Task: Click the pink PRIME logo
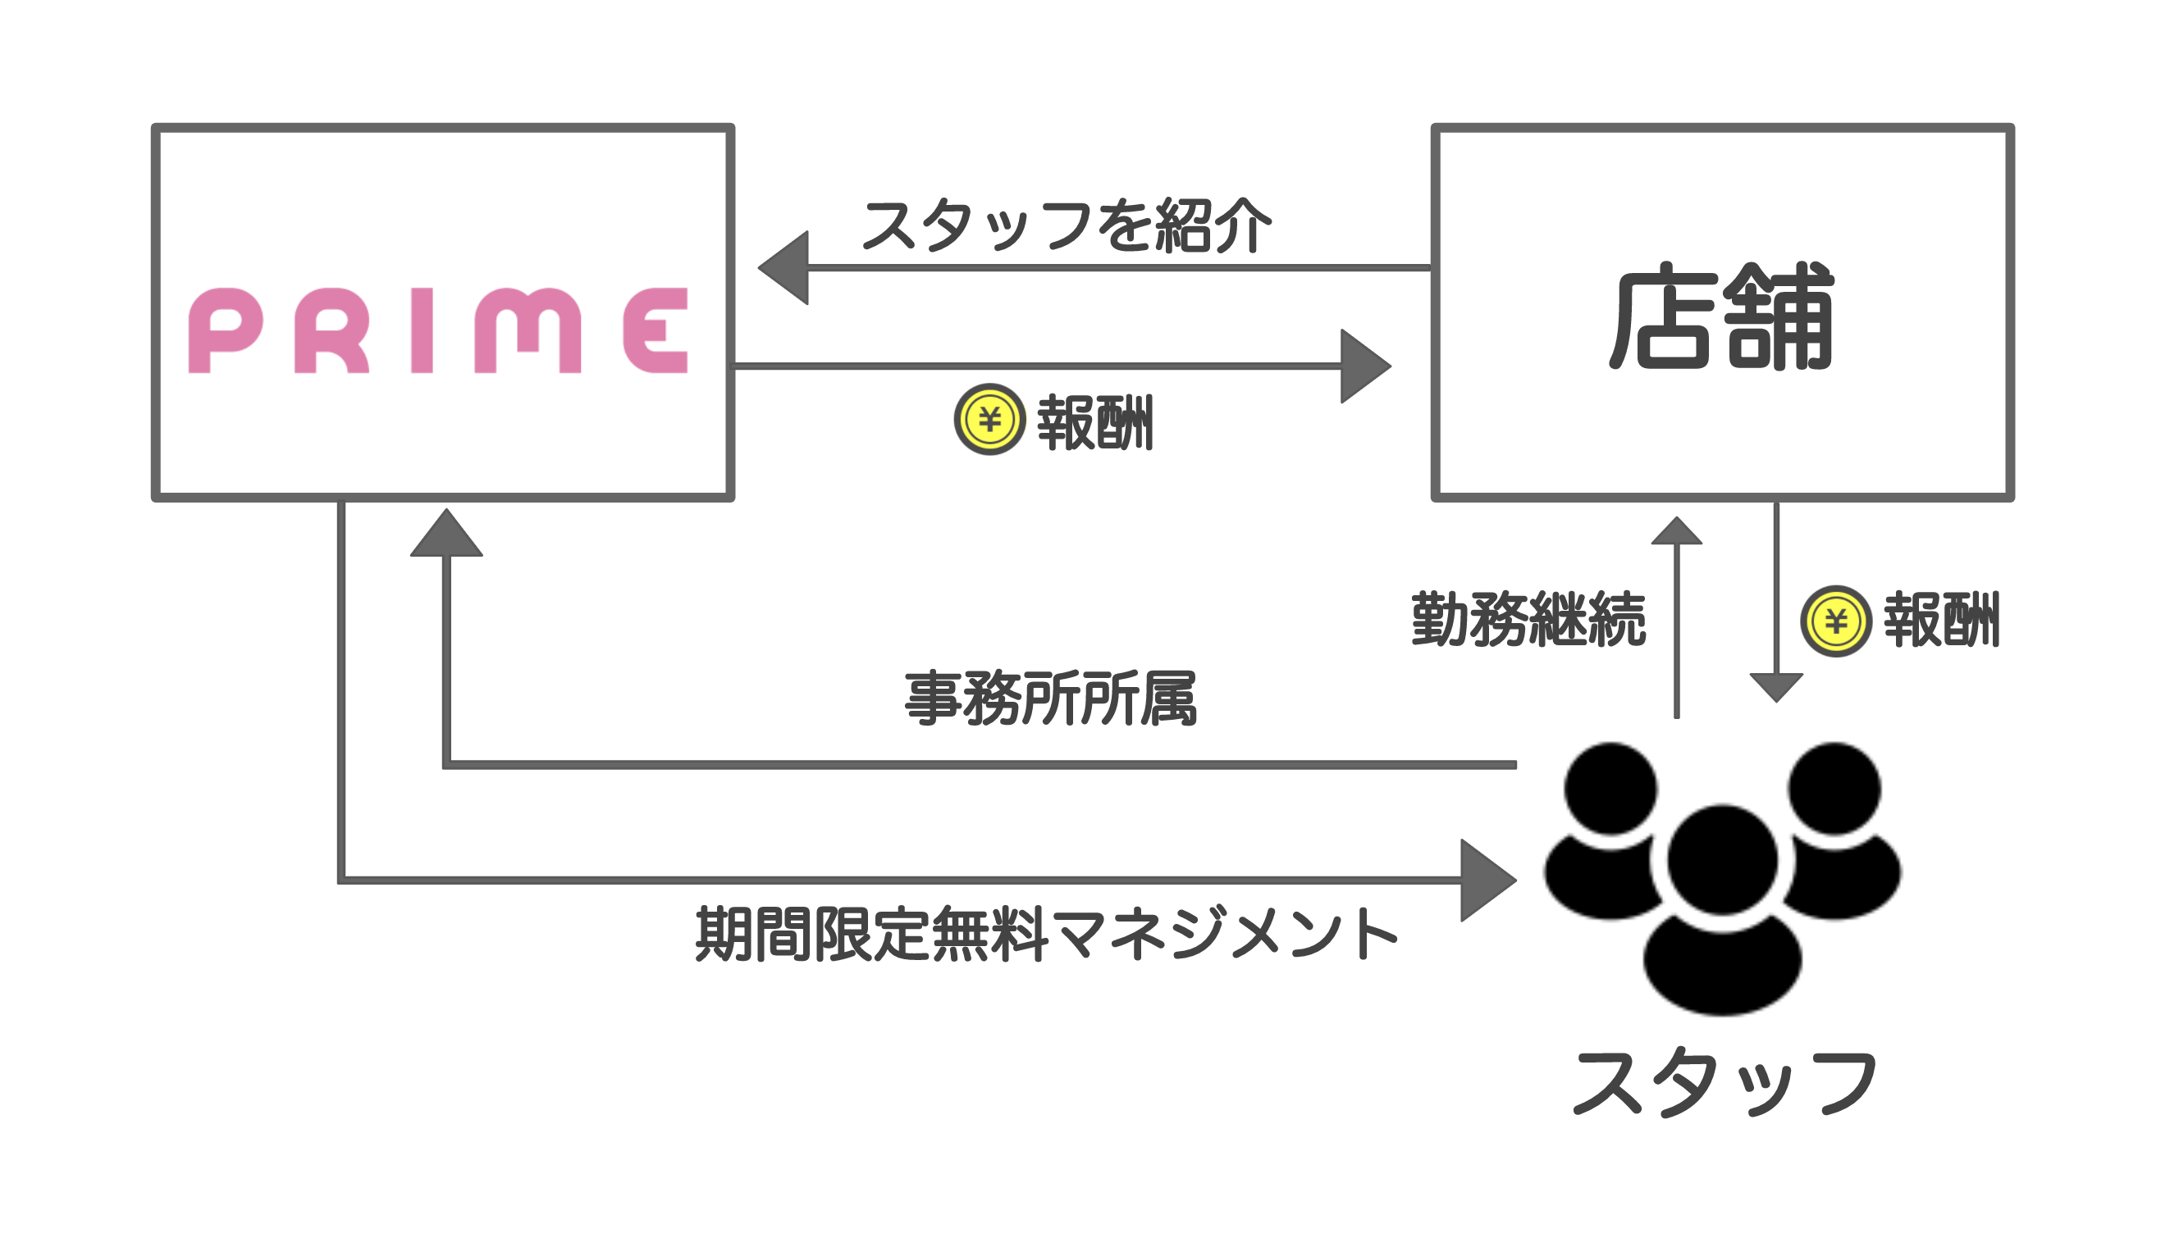point(437,330)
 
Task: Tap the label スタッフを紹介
point(1066,225)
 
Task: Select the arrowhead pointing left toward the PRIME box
point(783,267)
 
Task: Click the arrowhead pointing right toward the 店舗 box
point(1365,366)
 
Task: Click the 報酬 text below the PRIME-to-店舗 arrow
point(1095,423)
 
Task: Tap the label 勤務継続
point(1528,618)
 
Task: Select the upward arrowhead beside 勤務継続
point(1676,530)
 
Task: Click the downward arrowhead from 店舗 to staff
point(1776,688)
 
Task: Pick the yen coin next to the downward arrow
point(1835,621)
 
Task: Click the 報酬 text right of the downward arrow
point(1942,618)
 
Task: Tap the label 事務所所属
point(1050,699)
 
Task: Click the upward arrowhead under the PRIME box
point(446,532)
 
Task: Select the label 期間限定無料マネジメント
point(1046,933)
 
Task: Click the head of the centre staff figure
point(1723,859)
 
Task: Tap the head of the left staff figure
point(1610,789)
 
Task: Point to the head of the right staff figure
point(1834,789)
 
